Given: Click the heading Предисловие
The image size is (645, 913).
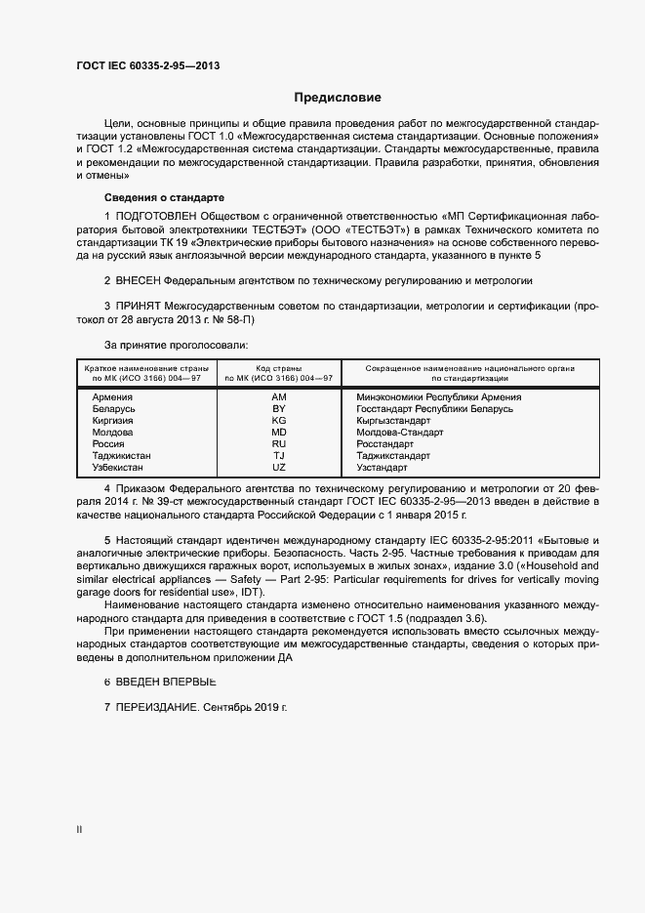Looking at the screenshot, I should pos(338,98).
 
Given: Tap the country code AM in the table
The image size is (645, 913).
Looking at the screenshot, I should pos(279,397).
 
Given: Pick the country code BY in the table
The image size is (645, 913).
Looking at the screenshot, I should pos(279,408).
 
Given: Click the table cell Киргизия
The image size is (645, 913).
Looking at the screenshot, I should pos(112,420).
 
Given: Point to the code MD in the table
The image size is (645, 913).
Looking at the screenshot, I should pos(279,432).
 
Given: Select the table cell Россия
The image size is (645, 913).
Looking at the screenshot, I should pos(108,443).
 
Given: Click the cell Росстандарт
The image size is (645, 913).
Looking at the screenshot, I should pos(386,443).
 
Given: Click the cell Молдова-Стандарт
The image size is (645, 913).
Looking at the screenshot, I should pos(400,432).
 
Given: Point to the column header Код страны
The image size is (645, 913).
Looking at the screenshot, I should pos(279,368).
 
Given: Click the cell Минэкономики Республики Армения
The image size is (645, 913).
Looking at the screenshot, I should pos(439,397).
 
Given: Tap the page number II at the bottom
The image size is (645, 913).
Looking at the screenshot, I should pos(79,829).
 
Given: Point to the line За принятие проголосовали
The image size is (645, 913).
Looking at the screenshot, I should pos(176,345).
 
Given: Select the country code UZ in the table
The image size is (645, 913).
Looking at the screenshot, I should pos(279,467).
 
